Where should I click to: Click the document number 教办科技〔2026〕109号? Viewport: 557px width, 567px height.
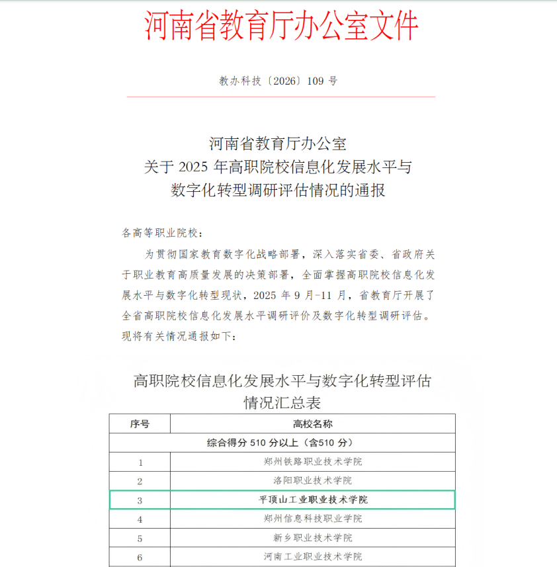(x=278, y=81)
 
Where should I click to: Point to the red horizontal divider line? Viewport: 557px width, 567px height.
(x=281, y=97)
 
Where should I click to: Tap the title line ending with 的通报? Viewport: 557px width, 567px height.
(x=278, y=191)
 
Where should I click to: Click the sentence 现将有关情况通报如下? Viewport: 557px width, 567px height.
(x=179, y=335)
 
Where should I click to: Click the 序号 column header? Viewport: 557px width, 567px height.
(x=140, y=424)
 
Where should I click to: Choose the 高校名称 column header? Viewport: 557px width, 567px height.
(x=312, y=424)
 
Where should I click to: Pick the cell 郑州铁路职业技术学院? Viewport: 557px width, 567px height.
(x=312, y=462)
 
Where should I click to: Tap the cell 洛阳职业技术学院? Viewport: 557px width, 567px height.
(x=312, y=480)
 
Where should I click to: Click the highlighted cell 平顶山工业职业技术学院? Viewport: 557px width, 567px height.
(x=313, y=500)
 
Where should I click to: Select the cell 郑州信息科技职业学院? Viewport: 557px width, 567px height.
(x=312, y=519)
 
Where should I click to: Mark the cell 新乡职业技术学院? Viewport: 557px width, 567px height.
(x=312, y=538)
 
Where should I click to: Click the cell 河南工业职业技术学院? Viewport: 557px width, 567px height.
(x=312, y=556)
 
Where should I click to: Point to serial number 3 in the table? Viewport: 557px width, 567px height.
(x=140, y=500)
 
